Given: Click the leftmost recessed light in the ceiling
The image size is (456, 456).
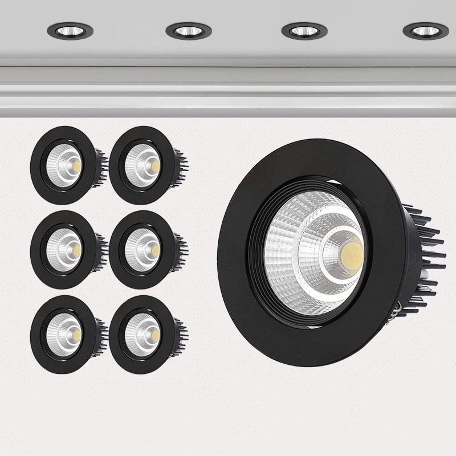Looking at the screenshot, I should click(70, 31).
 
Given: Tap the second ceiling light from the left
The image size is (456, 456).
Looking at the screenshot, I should click(189, 31).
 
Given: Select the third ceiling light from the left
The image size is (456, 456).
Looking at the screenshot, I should click(304, 31).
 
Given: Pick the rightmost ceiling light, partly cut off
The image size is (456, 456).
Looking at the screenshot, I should click(425, 31).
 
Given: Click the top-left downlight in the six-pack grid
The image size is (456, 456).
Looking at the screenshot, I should click(64, 165).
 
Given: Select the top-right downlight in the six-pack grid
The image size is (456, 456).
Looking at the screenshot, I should click(142, 165).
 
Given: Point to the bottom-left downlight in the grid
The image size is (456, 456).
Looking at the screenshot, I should click(64, 334).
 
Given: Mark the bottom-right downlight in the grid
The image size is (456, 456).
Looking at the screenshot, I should click(142, 334).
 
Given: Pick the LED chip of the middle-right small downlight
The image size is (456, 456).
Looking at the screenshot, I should click(155, 250).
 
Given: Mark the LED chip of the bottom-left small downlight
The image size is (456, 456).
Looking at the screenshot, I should click(76, 335).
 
